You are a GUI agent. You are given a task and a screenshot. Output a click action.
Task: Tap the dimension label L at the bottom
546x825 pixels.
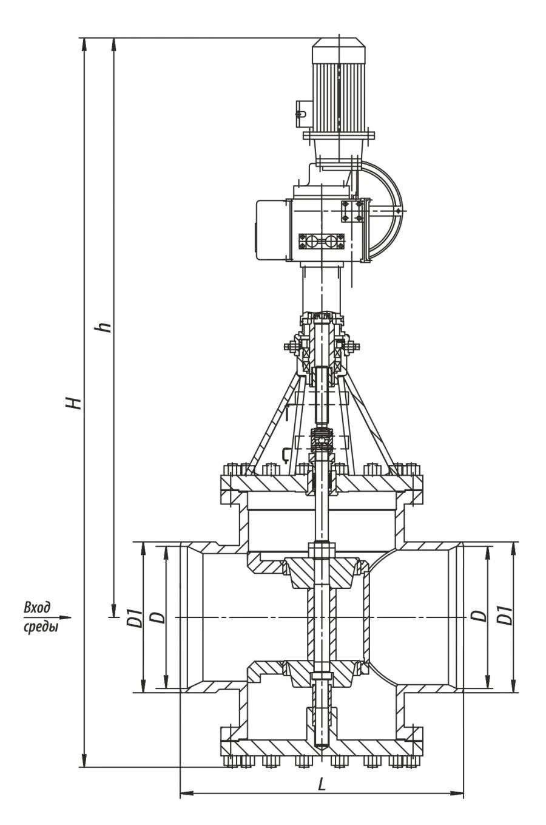322,784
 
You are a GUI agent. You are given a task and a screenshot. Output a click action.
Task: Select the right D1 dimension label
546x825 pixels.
504,616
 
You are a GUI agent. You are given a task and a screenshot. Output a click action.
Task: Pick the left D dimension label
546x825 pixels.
157,617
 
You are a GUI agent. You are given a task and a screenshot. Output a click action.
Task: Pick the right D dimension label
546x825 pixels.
480,616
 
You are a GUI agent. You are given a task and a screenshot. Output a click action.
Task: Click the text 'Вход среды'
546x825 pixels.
40,617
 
